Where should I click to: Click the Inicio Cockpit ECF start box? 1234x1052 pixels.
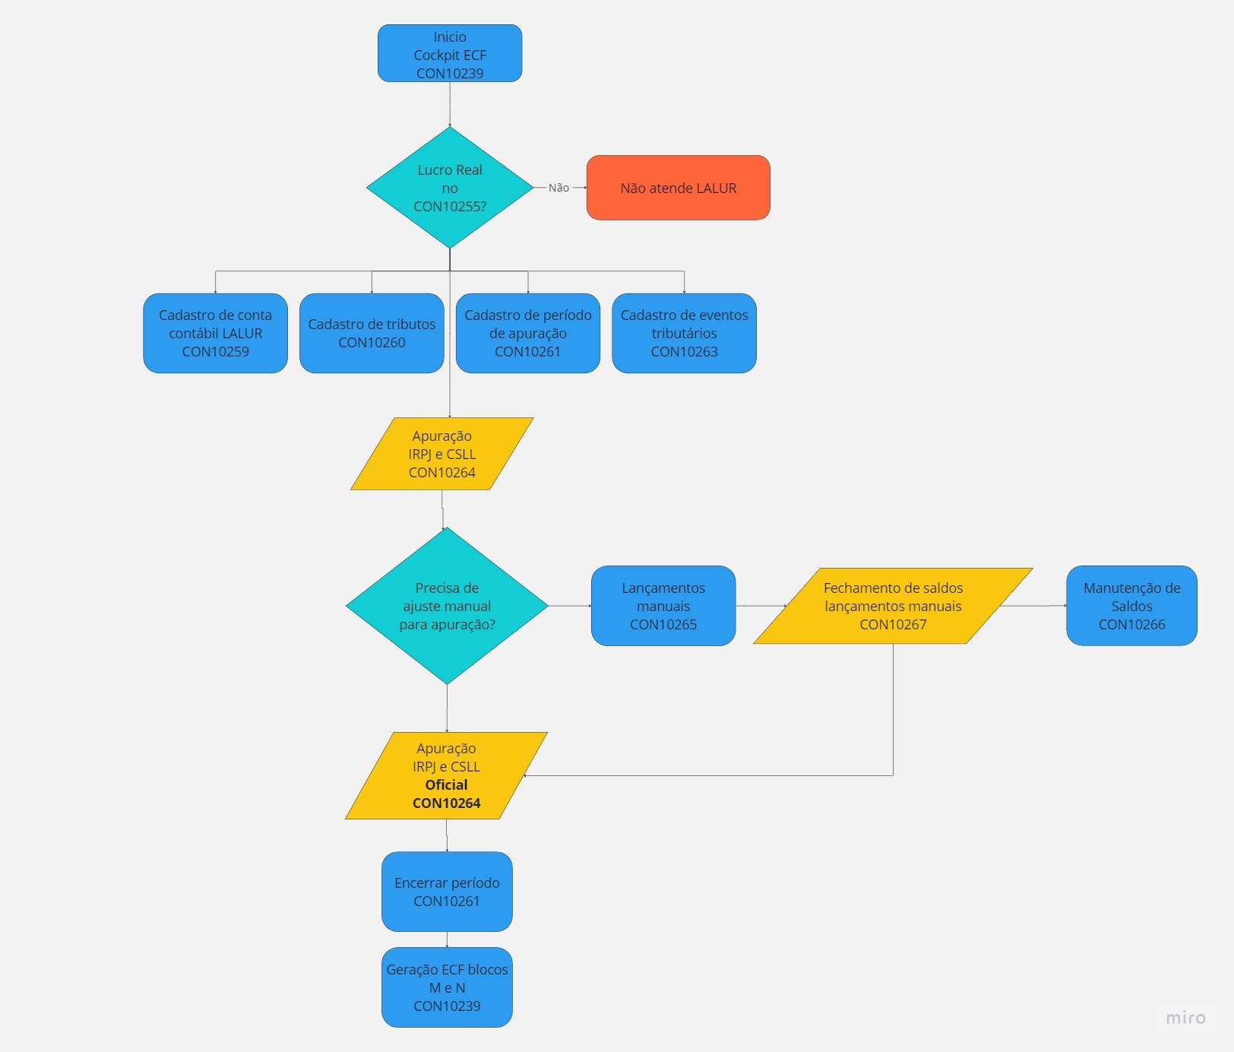450,53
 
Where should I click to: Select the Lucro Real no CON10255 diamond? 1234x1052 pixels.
450,188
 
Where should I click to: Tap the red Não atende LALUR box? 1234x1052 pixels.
678,188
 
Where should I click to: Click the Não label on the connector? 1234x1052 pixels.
558,188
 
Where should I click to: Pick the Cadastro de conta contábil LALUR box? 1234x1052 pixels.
215,333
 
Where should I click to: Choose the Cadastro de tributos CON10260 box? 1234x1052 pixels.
372,333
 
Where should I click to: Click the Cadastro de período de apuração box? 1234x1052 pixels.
527,333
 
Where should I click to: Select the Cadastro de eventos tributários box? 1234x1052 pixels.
684,333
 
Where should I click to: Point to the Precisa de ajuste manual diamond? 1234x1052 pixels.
447,606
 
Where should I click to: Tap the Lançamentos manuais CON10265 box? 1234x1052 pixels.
663,606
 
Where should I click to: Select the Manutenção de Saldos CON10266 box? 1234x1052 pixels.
1131,606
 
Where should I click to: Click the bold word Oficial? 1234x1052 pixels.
446,784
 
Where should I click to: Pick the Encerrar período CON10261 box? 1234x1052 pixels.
447,892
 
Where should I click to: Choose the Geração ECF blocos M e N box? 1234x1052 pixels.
447,987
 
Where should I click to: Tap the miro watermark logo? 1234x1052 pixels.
1185,1018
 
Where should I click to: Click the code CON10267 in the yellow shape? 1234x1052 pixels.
893,625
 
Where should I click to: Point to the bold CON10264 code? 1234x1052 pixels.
446,803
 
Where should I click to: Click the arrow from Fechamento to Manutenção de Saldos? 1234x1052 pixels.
1033,606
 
